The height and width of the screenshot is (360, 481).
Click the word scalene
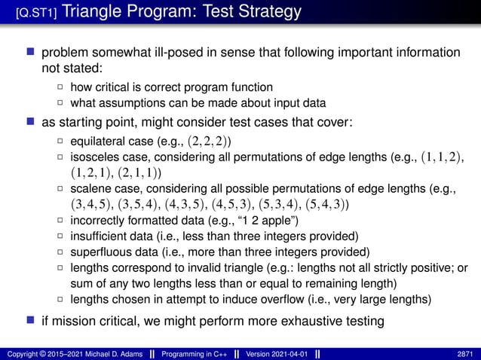92,188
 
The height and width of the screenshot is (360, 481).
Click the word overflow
274,299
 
